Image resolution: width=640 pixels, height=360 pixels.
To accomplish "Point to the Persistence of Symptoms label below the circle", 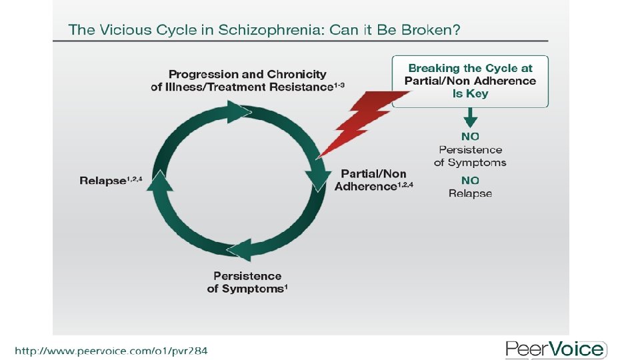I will tap(247, 282).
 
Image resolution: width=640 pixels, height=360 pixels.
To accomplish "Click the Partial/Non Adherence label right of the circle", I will tap(373, 181).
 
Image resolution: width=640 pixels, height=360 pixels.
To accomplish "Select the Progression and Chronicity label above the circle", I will tap(247, 80).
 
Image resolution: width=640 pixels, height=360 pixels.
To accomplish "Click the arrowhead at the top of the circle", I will tap(237, 111).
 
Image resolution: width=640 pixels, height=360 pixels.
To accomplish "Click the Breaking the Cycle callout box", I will tap(470, 81).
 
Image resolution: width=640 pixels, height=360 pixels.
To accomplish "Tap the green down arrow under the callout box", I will tap(470, 119).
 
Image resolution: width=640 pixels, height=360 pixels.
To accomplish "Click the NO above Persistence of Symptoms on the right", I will tap(470, 137).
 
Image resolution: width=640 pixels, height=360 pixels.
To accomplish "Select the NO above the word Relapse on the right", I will tap(470, 181).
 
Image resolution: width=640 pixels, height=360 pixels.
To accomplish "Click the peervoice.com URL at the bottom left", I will tap(111, 350).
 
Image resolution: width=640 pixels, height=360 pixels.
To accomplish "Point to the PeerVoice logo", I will tap(556, 349).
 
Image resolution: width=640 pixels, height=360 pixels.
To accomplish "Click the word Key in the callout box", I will tap(478, 94).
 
